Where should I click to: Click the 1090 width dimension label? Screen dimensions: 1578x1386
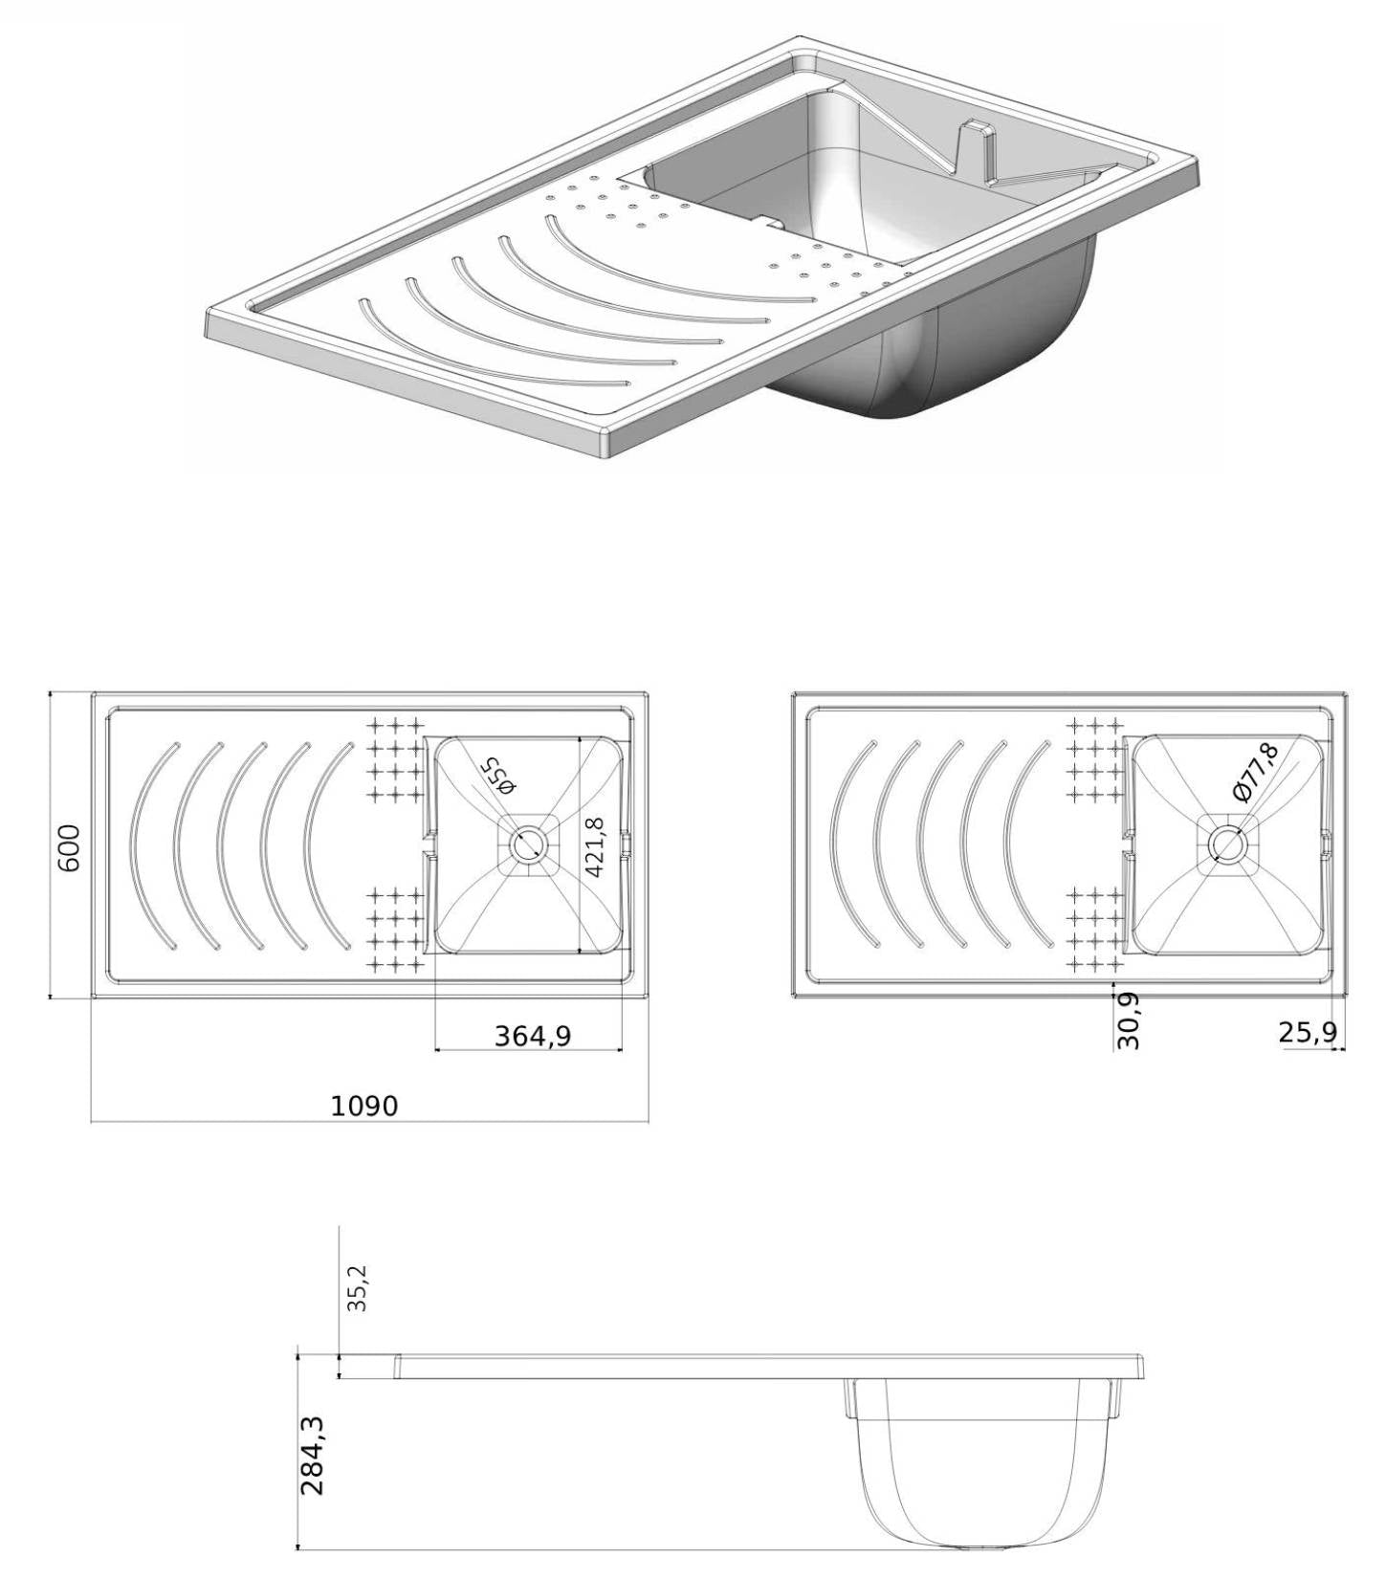click(x=363, y=1106)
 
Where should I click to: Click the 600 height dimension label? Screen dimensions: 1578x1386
click(x=70, y=846)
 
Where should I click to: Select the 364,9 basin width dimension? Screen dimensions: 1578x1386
click(x=532, y=1035)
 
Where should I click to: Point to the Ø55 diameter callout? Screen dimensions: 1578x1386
click(x=498, y=776)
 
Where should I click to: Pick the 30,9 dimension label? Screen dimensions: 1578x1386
click(x=1129, y=1020)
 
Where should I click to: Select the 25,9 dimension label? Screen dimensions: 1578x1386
click(x=1307, y=1033)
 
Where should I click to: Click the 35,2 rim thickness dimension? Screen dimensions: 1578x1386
click(x=356, y=1287)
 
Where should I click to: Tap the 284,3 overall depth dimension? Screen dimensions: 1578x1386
click(x=313, y=1456)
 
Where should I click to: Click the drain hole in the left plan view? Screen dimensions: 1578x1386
click(x=525, y=845)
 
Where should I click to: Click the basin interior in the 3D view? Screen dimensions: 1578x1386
click(x=861, y=191)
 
